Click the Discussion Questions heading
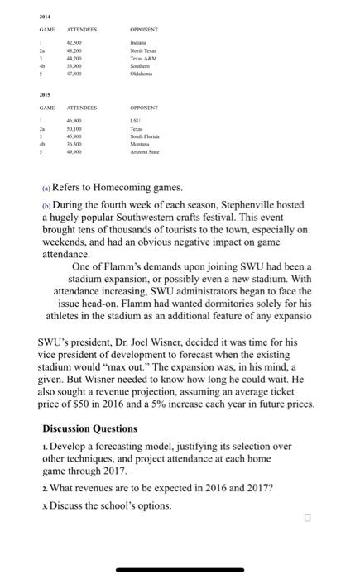[x=103, y=428]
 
